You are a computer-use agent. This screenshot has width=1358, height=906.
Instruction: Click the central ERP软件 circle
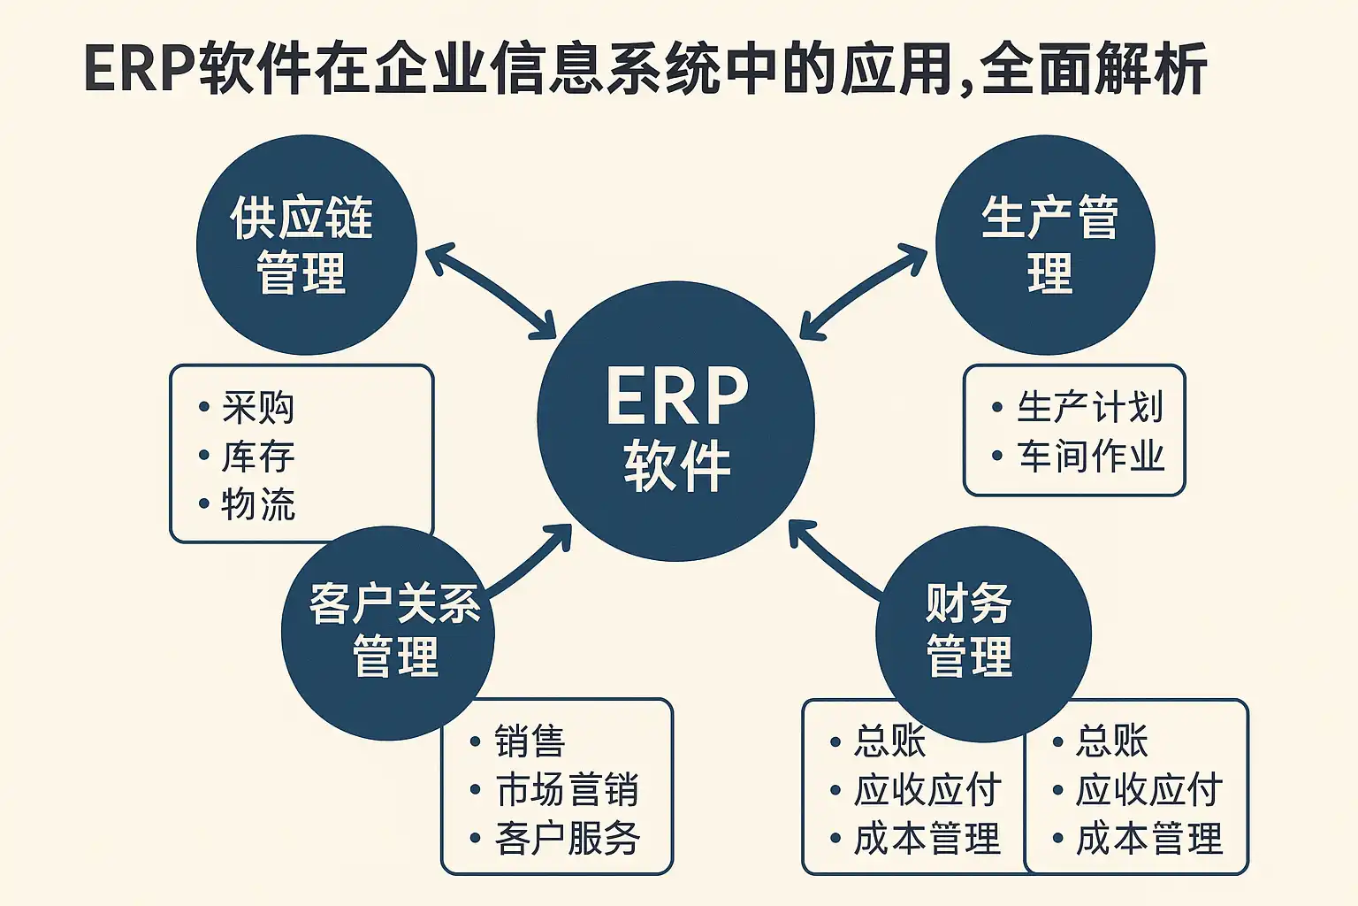click(676, 421)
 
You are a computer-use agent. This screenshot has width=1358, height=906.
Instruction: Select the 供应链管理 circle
click(306, 245)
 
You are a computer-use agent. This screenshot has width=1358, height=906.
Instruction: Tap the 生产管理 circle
click(1046, 245)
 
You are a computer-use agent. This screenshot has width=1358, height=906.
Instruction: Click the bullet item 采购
click(257, 408)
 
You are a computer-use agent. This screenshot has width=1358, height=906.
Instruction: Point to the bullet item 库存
click(257, 457)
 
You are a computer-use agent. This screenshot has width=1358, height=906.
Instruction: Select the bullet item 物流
click(257, 504)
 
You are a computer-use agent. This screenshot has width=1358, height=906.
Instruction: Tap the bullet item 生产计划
click(1089, 408)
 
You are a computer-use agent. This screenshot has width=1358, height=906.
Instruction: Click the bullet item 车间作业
click(1090, 457)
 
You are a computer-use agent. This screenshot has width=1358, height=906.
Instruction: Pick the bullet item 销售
click(529, 741)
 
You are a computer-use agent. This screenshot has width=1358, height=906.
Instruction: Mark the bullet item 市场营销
click(567, 790)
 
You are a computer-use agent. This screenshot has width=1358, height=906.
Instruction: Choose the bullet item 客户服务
click(567, 838)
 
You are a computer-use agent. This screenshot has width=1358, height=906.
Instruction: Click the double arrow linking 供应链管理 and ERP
click(490, 293)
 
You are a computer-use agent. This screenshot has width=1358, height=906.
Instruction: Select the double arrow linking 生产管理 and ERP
click(863, 292)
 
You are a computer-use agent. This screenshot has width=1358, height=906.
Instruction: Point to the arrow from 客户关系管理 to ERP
click(530, 561)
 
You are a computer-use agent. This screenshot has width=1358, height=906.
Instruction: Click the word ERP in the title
click(139, 69)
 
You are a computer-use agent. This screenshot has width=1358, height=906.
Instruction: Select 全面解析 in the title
click(1094, 69)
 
